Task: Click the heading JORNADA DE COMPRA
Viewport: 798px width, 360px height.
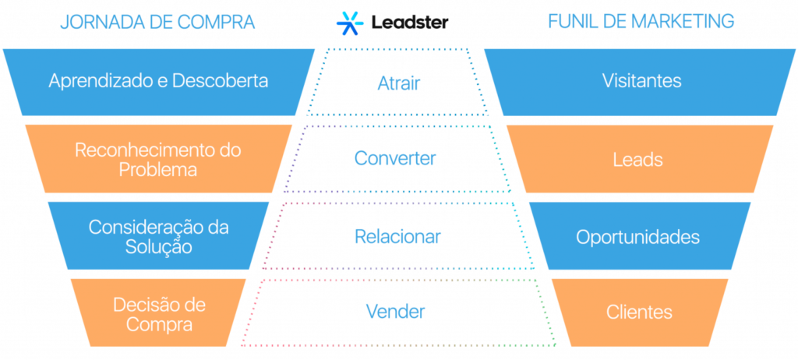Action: pos(157,22)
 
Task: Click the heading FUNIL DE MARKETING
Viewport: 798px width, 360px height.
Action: pos(641,22)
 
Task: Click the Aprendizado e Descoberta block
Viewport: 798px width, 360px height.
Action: pos(158,81)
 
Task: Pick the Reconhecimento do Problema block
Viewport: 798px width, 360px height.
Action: pos(158,159)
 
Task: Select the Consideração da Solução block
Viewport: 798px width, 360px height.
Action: pos(158,236)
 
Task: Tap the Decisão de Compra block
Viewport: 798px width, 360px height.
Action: pos(158,313)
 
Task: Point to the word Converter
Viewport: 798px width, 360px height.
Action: pos(396,158)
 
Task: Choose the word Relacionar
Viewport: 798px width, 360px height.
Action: pos(397,235)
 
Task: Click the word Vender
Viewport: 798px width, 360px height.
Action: pos(396,312)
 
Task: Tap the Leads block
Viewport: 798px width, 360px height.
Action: pos(639,160)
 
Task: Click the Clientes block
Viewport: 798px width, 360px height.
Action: pos(639,312)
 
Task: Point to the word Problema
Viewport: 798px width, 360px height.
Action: pos(158,169)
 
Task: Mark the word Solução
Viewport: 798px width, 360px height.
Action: pos(158,246)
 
